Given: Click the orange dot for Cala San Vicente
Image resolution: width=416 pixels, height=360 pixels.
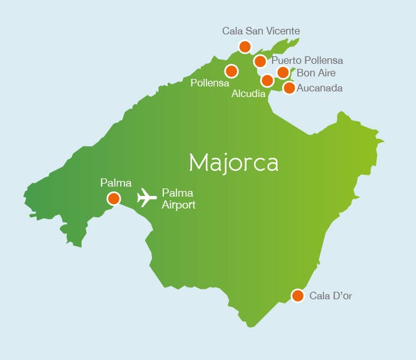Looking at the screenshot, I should pyautogui.click(x=245, y=46).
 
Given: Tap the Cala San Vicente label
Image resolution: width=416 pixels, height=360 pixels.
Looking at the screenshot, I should pyautogui.click(x=261, y=31).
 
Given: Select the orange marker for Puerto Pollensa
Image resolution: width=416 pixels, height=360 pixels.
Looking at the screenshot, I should pyautogui.click(x=260, y=61).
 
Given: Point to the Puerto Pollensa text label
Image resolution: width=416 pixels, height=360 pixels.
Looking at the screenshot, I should pyautogui.click(x=307, y=61).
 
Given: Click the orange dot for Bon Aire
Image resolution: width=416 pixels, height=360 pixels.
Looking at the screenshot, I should pyautogui.click(x=283, y=73).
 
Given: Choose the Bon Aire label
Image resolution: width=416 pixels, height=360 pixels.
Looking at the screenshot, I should pyautogui.click(x=316, y=73).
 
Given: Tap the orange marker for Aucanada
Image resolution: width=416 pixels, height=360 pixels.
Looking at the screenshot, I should pyautogui.click(x=289, y=88).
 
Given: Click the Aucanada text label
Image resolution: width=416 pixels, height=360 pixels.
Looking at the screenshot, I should pyautogui.click(x=320, y=88).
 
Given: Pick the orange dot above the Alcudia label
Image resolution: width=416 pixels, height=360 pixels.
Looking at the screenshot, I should pyautogui.click(x=267, y=80).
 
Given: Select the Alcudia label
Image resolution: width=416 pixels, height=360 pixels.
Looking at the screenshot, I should pyautogui.click(x=248, y=94).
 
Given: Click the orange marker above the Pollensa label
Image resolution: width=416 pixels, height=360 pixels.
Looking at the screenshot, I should pyautogui.click(x=231, y=71).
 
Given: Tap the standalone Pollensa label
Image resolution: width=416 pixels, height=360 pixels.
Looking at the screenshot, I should pyautogui.click(x=210, y=83).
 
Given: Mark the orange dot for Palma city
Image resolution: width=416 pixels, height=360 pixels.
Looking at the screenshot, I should pyautogui.click(x=113, y=198).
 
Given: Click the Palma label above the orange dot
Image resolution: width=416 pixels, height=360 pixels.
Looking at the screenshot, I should pyautogui.click(x=116, y=183).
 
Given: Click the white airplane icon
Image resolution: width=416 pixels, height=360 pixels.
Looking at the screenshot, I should pyautogui.click(x=146, y=197).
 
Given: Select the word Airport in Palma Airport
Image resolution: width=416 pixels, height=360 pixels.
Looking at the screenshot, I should pyautogui.click(x=179, y=205).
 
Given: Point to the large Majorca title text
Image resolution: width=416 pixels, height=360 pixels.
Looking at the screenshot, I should pyautogui.click(x=233, y=162).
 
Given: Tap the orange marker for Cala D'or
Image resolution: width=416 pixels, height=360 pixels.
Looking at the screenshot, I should pyautogui.click(x=298, y=296).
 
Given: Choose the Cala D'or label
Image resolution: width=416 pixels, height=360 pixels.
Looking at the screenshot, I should pyautogui.click(x=331, y=296).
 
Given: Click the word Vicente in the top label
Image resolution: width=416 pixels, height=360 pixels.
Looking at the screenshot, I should pyautogui.click(x=282, y=31).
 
